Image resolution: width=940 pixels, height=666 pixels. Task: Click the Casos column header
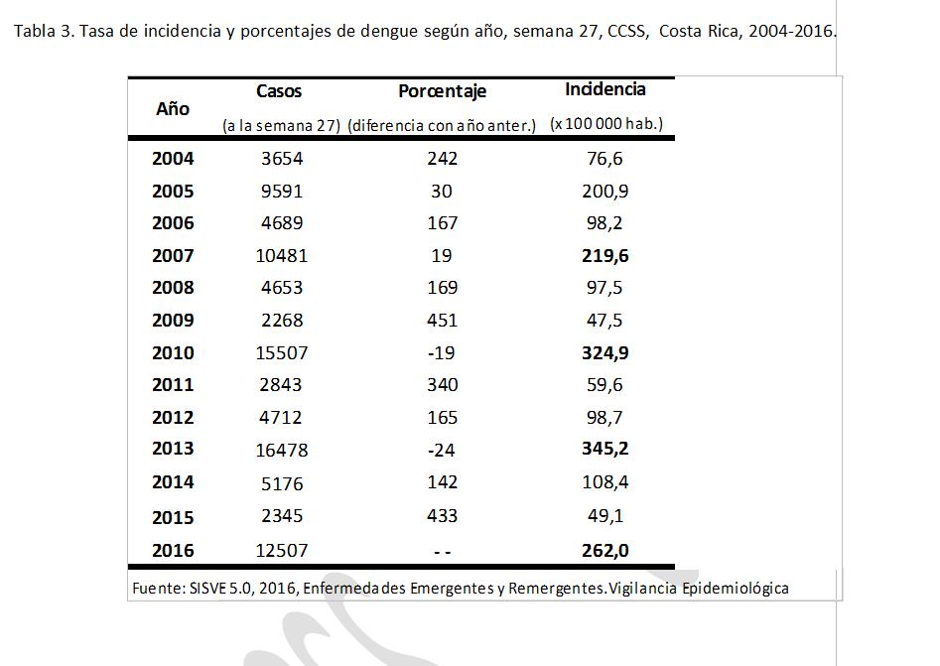coord(279,91)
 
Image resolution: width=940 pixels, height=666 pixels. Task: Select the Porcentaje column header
coord(442,91)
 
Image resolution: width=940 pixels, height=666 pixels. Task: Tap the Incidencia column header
coord(605,89)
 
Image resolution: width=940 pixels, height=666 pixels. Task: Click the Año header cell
coord(173,108)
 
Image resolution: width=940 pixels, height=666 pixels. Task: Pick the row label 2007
coord(173,255)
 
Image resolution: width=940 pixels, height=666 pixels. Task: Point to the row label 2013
coord(173,449)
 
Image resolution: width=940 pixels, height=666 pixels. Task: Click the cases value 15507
coord(281,352)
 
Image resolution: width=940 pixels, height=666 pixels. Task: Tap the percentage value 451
coord(442,320)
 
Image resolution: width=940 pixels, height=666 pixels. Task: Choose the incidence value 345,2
coord(605,449)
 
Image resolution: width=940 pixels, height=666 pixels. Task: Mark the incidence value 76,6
coord(604,158)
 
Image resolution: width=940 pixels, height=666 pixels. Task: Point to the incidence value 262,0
coord(605,550)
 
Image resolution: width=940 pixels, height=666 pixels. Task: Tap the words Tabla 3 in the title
coord(43,30)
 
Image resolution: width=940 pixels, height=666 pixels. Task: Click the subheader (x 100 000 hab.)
coord(606,124)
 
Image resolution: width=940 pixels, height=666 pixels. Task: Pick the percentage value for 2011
coord(442,384)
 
